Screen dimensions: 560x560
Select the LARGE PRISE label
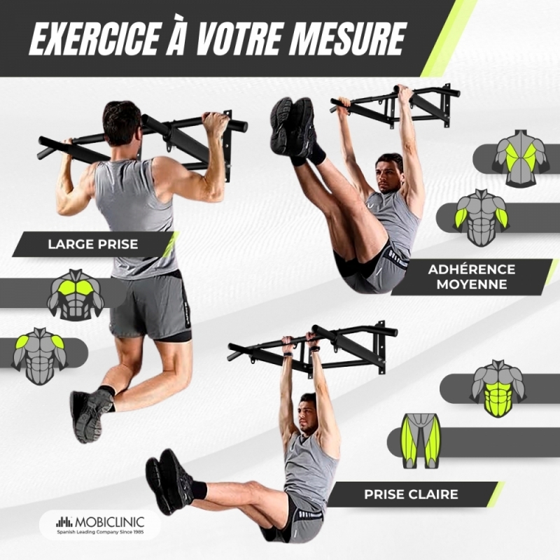click(x=93, y=244)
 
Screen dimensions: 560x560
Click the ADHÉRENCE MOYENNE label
click(x=471, y=276)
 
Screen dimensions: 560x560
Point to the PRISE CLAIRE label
click(x=411, y=494)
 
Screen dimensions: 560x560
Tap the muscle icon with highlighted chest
click(x=76, y=293)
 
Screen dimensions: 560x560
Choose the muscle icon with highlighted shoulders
click(x=39, y=356)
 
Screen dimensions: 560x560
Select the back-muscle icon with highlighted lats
click(x=519, y=158)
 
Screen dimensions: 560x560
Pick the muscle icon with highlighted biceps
click(x=481, y=218)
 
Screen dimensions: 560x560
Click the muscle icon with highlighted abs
click(x=498, y=388)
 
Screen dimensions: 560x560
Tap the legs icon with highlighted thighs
click(x=421, y=441)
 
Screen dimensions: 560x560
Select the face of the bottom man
click(x=307, y=414)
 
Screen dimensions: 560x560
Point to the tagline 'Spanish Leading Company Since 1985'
click(x=100, y=532)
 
